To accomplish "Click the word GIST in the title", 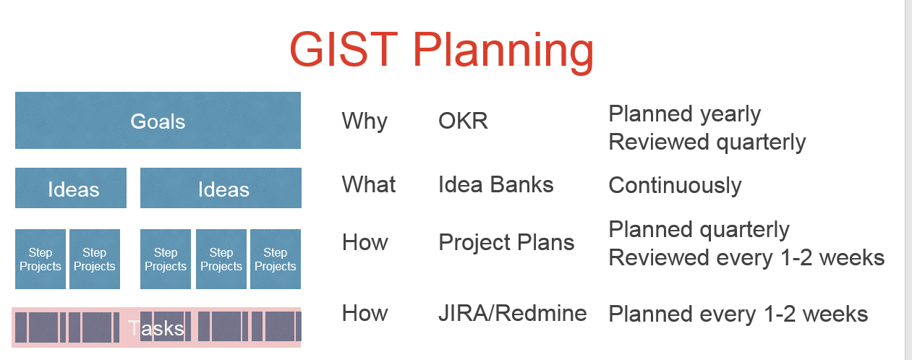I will click(x=344, y=49).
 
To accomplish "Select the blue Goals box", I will click(x=158, y=121).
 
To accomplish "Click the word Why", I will click(x=364, y=121).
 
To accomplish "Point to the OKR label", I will click(x=463, y=121).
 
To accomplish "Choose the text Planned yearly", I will click(x=684, y=114).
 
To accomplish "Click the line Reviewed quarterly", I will click(x=707, y=142).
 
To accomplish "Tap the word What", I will click(x=368, y=184).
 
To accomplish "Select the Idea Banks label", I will click(x=495, y=184).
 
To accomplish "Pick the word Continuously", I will click(x=674, y=186).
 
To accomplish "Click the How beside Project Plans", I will click(x=365, y=242).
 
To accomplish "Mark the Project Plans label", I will click(x=506, y=243).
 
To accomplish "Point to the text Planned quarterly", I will click(x=699, y=230).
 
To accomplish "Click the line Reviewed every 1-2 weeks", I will click(x=746, y=257).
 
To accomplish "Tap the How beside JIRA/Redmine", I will click(x=365, y=313).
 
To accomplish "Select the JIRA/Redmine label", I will click(x=512, y=313).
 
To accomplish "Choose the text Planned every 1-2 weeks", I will click(x=738, y=314).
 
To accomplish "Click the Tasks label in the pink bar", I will click(x=156, y=328).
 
